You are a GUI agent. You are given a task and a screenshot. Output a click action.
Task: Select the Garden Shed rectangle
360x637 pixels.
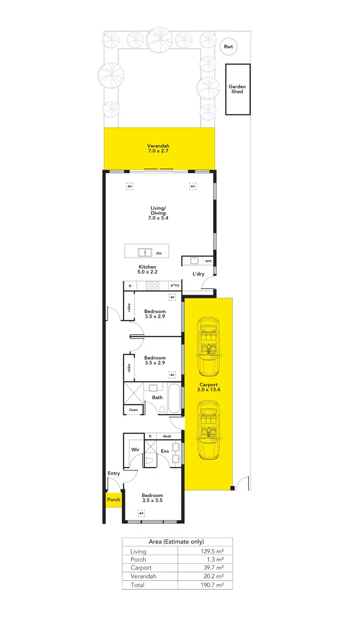(x=238, y=89)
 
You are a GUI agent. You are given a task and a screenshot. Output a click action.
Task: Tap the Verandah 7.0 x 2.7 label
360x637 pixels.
(x=158, y=148)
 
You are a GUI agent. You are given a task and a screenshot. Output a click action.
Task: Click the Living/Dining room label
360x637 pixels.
(x=158, y=212)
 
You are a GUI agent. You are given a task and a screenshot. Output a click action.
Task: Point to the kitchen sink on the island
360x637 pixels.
(x=144, y=252)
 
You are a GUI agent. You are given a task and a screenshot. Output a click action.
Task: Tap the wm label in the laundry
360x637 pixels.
(x=208, y=261)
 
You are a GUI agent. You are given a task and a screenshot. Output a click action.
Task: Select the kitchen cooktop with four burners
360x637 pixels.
(x=152, y=285)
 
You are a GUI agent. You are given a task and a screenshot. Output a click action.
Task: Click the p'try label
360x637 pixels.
(x=175, y=285)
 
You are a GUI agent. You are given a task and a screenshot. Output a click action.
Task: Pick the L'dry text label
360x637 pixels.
(x=198, y=274)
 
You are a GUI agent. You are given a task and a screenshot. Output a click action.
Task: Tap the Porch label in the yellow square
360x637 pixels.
(x=114, y=499)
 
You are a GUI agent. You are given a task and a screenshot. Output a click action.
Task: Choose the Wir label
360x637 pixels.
(x=135, y=450)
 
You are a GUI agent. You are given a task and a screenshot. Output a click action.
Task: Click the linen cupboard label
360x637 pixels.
(x=133, y=410)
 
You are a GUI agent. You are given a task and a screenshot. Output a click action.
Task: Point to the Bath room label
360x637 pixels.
(x=157, y=397)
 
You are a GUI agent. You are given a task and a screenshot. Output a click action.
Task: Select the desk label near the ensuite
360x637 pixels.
(x=167, y=436)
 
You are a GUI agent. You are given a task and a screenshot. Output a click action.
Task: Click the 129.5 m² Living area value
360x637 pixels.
(x=212, y=551)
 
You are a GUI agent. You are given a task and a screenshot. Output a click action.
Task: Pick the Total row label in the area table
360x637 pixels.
(x=137, y=585)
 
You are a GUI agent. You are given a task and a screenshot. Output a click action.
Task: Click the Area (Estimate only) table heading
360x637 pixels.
(x=177, y=542)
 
